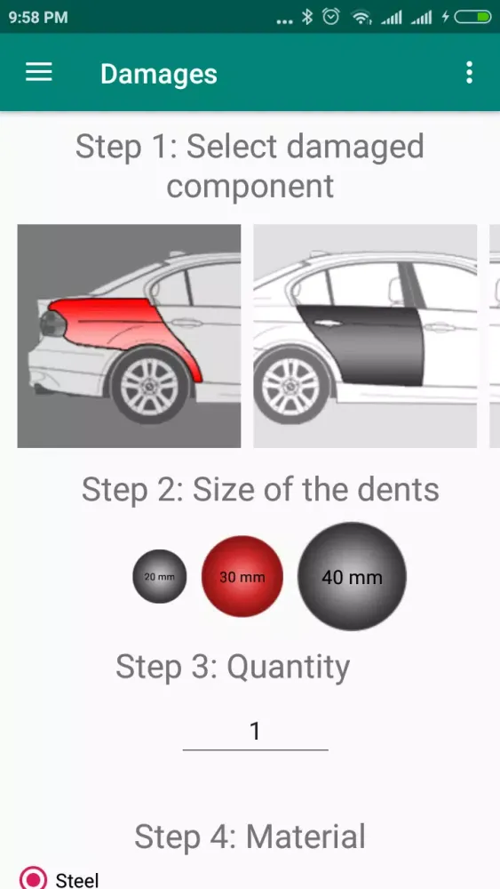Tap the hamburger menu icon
click(39, 73)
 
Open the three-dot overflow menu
click(469, 73)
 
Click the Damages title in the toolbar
click(159, 74)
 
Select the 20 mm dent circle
click(160, 577)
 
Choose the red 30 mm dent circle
click(242, 577)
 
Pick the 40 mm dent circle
click(353, 577)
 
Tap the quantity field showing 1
click(256, 732)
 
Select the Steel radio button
click(33, 878)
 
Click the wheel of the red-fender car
click(150, 387)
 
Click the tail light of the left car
click(52, 324)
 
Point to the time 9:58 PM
click(38, 18)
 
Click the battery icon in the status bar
click(472, 18)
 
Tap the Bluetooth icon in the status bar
click(307, 18)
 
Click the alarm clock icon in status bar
click(331, 18)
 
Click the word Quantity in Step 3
click(289, 668)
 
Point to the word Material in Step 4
click(306, 837)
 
